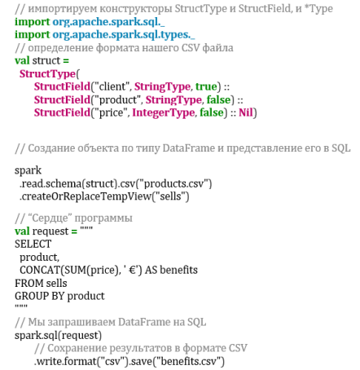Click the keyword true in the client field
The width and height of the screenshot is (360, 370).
pos(206,86)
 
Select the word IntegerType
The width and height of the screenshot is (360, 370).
pos(164,112)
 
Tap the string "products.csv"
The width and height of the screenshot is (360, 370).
pos(173,184)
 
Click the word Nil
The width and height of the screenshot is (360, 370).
pos(246,112)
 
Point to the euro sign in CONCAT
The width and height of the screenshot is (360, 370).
pos(133,271)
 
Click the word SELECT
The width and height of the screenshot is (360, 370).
pos(33,244)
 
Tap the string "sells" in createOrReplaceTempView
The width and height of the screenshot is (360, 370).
pos(170,196)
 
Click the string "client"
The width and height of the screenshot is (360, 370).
pos(112,86)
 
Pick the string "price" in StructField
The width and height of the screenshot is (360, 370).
pos(111,112)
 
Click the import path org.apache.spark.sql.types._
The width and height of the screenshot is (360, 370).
pos(124,35)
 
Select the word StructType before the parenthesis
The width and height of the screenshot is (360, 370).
pos(47,74)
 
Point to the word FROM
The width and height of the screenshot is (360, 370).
pos(28,283)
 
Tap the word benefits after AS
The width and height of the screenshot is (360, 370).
pos(178,270)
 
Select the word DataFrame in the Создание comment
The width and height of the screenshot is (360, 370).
pos(189,148)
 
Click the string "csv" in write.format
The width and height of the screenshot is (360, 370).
pos(112,361)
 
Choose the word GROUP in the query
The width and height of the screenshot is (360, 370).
pos(32,296)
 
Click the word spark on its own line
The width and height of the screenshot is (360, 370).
pos(28,171)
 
